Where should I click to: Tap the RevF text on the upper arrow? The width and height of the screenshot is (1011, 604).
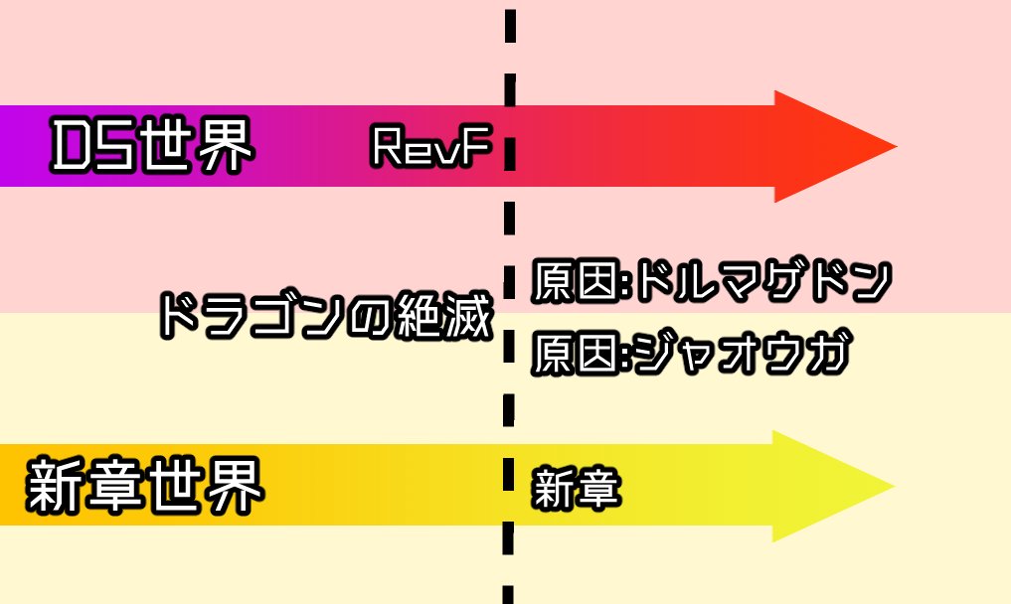point(431,148)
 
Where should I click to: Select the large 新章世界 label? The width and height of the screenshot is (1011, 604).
point(145,487)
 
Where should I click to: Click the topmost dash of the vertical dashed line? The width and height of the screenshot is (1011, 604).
point(510,26)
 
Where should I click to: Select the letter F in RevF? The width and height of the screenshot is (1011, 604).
point(480,148)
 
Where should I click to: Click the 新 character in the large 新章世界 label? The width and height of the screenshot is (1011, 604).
point(56,487)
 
